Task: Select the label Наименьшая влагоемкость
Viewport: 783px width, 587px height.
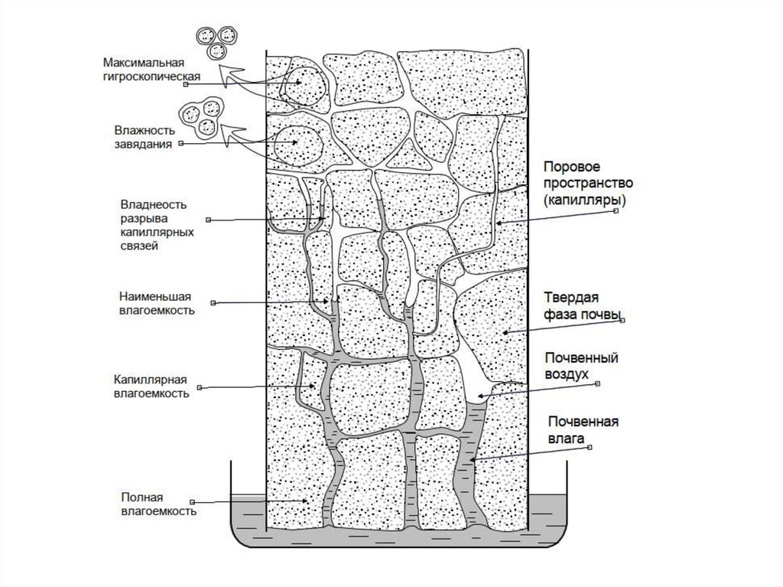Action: pyautogui.click(x=157, y=303)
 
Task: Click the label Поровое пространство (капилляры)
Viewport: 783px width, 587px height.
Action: pyautogui.click(x=586, y=183)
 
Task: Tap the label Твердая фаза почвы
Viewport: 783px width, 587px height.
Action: pyautogui.click(x=581, y=305)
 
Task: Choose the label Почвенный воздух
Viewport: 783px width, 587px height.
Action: pyautogui.click(x=580, y=365)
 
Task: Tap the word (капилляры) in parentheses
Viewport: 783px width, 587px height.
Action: pyautogui.click(x=586, y=200)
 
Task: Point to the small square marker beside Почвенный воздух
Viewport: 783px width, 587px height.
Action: pyautogui.click(x=598, y=383)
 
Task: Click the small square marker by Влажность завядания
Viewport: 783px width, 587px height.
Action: pyautogui.click(x=180, y=143)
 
